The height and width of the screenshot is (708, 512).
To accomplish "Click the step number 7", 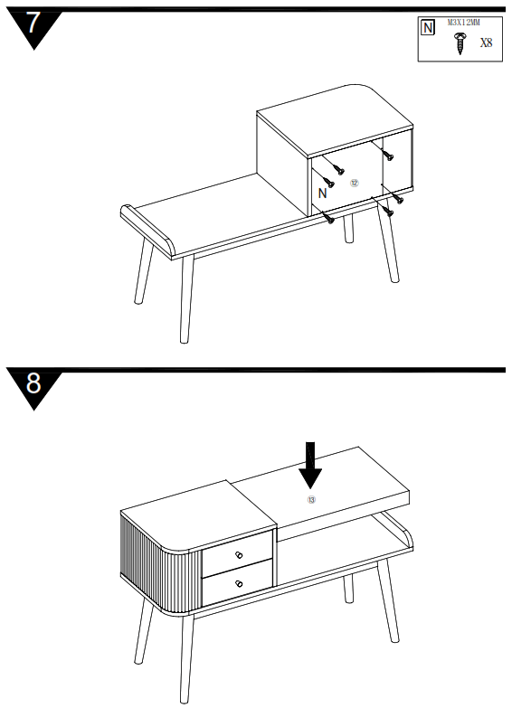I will pyautogui.click(x=33, y=24).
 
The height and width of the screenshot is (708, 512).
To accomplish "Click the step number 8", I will pyautogui.click(x=33, y=383).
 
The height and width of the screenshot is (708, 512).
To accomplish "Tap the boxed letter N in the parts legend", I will pyautogui.click(x=428, y=28).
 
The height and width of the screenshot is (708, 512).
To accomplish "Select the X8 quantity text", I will pyautogui.click(x=486, y=42).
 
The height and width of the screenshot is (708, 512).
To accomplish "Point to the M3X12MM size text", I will pyautogui.click(x=463, y=21).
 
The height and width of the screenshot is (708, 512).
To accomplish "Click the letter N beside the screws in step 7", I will pyautogui.click(x=323, y=193).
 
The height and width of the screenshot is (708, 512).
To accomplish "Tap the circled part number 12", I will pyautogui.click(x=355, y=183).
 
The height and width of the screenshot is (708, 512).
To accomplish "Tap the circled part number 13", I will pyautogui.click(x=311, y=499).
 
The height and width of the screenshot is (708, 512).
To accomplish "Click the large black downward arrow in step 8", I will pyautogui.click(x=310, y=465).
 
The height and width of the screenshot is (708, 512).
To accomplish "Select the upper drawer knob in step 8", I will pyautogui.click(x=239, y=554).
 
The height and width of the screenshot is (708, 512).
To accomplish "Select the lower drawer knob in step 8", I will pyautogui.click(x=239, y=584).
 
